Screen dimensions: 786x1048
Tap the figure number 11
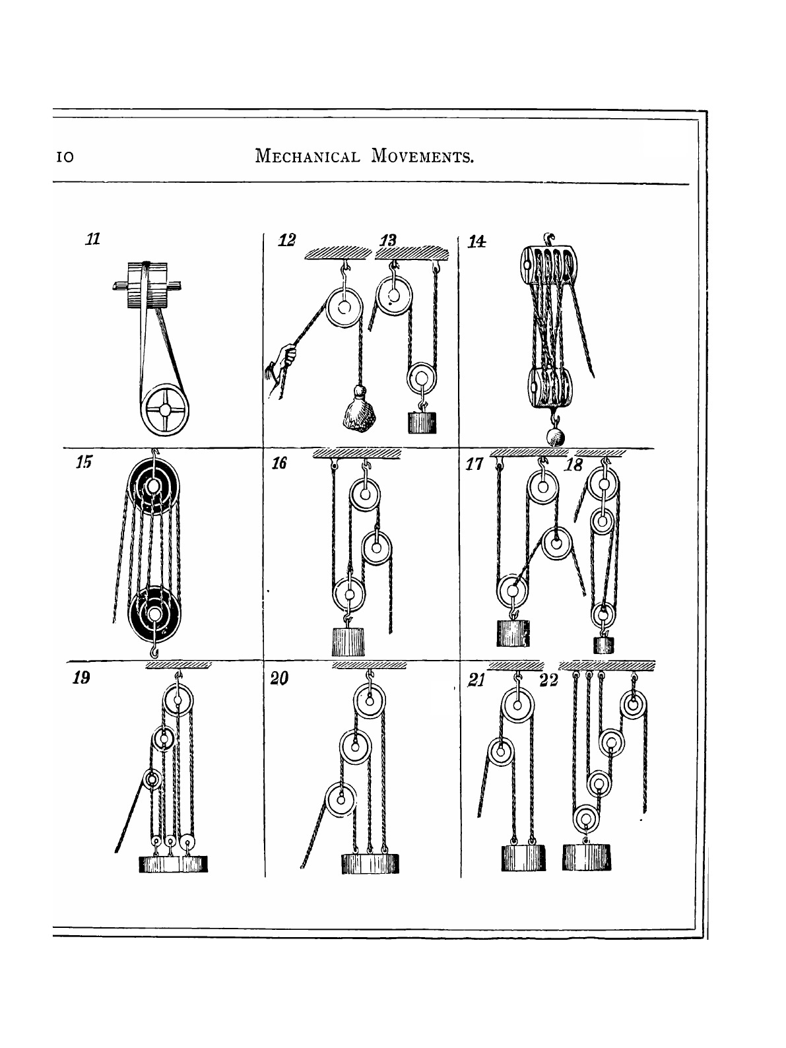pos(93,239)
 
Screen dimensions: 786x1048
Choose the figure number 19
pos(81,678)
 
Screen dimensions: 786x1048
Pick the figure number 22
pos(548,680)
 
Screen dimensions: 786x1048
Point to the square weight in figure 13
pos(422,422)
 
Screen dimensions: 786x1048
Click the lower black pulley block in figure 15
pos(154,614)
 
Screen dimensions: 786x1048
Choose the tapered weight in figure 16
pos(350,642)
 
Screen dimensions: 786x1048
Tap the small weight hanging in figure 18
pos(603,645)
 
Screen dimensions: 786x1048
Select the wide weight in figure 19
pos(174,863)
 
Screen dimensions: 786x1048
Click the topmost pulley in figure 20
pos(370,701)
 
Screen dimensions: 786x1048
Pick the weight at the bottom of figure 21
pos(523,857)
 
